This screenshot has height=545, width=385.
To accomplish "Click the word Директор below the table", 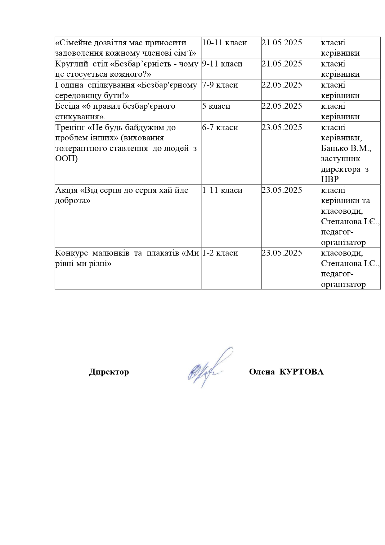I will point(109,372).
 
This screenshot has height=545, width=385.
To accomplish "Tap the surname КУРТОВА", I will point(302,372).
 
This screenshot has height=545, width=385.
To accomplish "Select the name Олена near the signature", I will point(262,372).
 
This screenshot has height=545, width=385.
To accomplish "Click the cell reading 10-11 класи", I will point(225,43).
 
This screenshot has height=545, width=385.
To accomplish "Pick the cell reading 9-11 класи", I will point(222,64).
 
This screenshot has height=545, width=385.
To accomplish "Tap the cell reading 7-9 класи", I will point(220,85).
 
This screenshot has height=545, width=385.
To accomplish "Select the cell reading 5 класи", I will point(216,106).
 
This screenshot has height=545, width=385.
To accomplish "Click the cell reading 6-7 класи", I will point(220,127).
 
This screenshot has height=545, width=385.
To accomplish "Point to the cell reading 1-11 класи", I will point(222,190).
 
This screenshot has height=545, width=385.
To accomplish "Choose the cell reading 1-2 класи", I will point(220,253).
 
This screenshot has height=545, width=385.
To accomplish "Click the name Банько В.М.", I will point(346,148).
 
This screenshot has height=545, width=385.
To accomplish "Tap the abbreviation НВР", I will point(330,179).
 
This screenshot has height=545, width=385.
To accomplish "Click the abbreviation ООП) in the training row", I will point(66,159).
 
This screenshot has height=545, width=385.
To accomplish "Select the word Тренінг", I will point(68,127).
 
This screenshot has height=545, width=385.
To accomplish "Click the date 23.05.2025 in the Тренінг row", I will point(282,127).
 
